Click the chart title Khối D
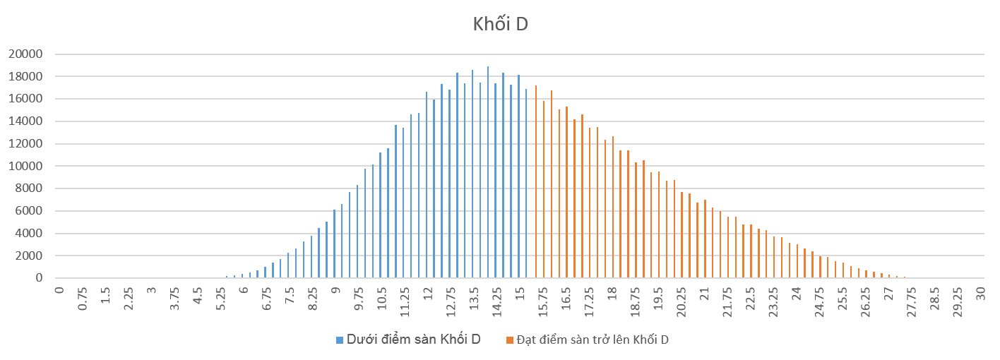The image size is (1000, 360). (x=500, y=24)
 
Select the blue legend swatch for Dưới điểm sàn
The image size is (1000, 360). (x=340, y=340)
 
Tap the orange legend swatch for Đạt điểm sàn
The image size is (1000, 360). (x=509, y=340)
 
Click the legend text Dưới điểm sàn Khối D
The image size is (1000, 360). (x=413, y=340)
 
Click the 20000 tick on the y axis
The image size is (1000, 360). (x=28, y=54)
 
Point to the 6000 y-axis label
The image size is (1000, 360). (x=31, y=211)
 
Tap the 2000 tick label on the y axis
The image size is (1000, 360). (x=31, y=256)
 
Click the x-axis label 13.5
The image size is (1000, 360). (x=473, y=304)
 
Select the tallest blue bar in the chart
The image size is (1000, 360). (x=488, y=173)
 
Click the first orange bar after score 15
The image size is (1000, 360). (x=536, y=182)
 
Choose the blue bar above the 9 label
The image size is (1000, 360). (x=335, y=244)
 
